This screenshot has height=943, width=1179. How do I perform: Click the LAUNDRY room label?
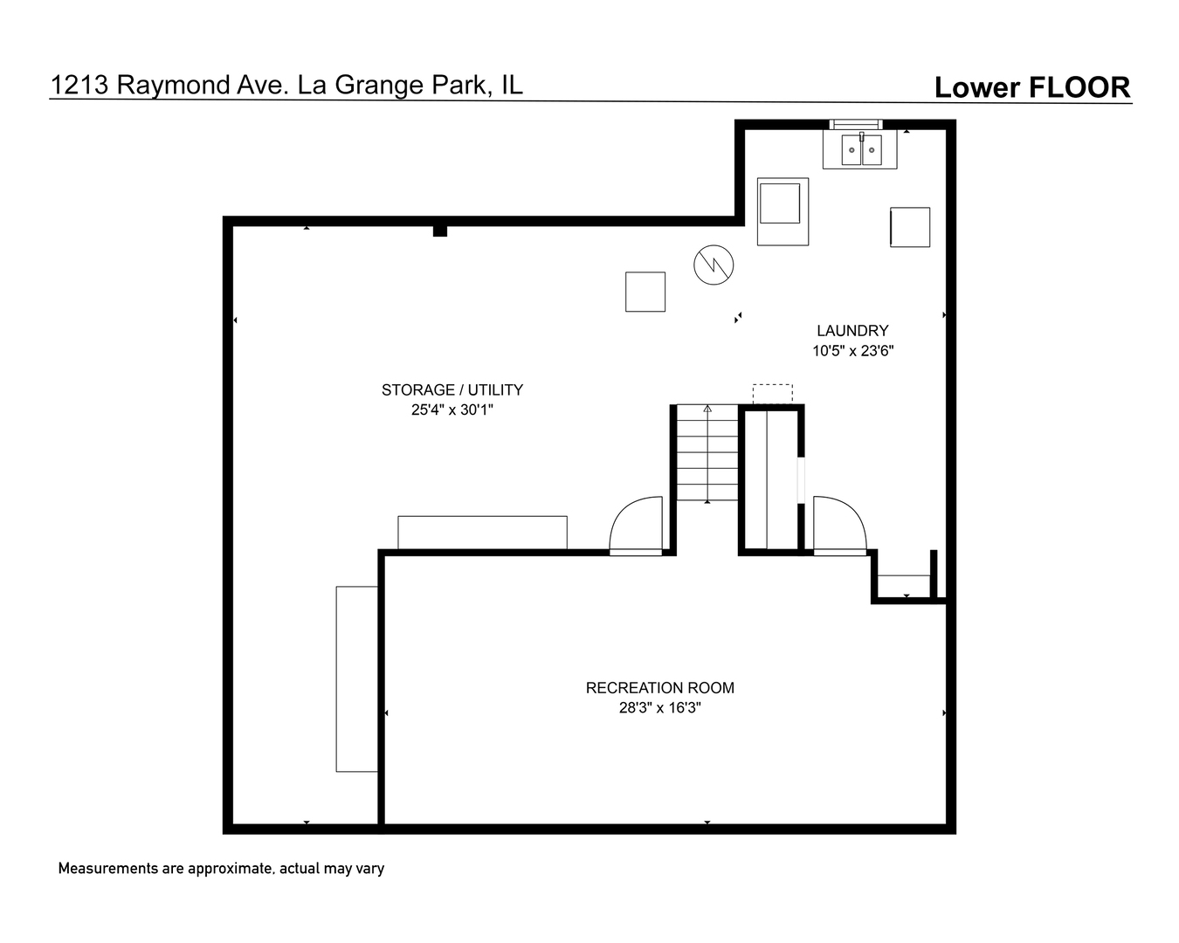coord(852,331)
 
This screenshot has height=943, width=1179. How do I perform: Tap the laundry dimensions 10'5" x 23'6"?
coord(852,351)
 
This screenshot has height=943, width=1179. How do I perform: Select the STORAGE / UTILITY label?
coord(452,390)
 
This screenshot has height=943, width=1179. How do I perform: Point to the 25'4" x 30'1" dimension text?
coord(452,410)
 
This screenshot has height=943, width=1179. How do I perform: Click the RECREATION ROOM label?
coord(659,688)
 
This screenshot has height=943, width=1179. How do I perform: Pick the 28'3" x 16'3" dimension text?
coord(659,708)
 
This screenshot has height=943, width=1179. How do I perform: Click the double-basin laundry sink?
coord(861,149)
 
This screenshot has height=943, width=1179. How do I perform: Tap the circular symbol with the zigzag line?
coord(714,265)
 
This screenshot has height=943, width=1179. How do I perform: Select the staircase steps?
coord(707,452)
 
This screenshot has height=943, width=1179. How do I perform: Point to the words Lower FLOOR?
coord(1032,87)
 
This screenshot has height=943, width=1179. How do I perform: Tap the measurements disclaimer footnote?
coord(221,869)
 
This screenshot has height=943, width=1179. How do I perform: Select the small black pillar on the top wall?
coord(440,231)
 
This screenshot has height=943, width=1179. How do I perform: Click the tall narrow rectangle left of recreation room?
coord(356,679)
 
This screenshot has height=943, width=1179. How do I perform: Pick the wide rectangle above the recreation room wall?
coord(482,532)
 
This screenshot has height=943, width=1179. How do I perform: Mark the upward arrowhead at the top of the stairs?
coord(707,409)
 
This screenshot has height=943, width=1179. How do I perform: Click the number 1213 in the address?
coord(79,86)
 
